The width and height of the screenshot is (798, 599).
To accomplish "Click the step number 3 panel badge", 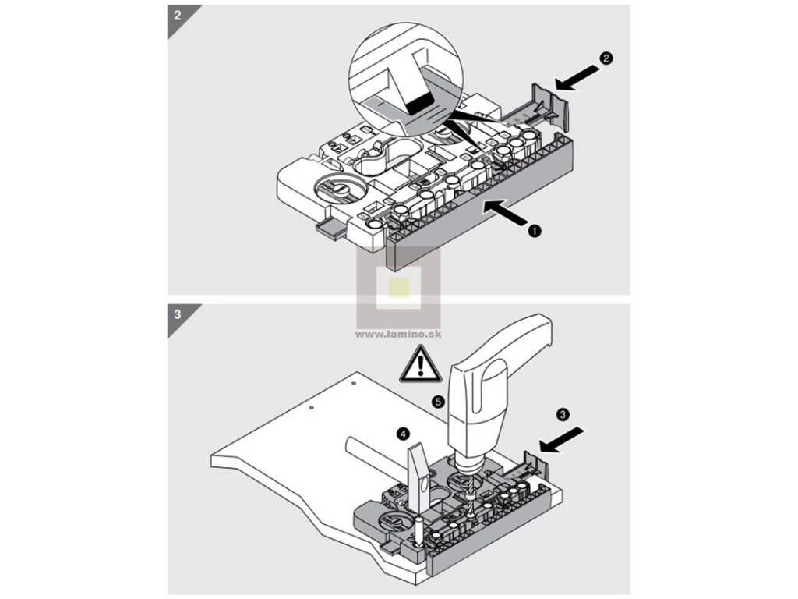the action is (x=178, y=315).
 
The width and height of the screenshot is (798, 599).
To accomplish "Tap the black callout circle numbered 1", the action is (x=535, y=231).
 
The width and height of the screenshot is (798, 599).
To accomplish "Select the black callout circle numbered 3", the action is (x=563, y=411).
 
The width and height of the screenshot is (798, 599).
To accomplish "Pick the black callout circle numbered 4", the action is (x=402, y=432).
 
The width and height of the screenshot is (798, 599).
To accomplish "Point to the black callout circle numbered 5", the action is (x=439, y=402).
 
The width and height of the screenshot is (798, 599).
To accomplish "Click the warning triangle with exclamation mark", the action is (x=421, y=365).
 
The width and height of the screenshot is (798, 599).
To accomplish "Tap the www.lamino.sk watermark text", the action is (x=398, y=334).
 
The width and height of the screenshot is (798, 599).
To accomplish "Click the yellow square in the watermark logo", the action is (x=398, y=287).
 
